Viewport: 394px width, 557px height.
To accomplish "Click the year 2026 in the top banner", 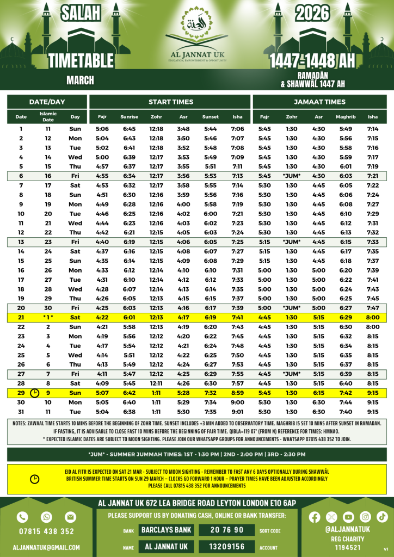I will (313, 13).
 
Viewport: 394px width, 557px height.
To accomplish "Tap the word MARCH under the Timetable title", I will (81, 81).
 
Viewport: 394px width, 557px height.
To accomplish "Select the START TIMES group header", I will (171, 102).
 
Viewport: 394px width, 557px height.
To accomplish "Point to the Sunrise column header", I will (129, 117).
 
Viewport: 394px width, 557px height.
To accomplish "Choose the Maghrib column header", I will (346, 117).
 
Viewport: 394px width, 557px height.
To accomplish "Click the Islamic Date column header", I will (48, 116).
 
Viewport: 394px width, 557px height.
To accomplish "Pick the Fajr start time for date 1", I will (102, 129).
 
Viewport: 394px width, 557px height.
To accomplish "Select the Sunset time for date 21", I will (210, 318).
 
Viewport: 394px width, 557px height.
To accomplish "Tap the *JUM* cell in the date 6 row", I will (292, 176).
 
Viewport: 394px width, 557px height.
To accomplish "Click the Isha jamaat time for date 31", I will (373, 412).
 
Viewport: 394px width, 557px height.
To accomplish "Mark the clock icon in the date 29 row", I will (35, 393).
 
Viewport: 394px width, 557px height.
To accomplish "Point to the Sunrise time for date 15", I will (129, 261).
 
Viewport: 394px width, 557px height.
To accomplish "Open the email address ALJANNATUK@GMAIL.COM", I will (46, 548).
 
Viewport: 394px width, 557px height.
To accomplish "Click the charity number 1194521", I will (348, 547).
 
